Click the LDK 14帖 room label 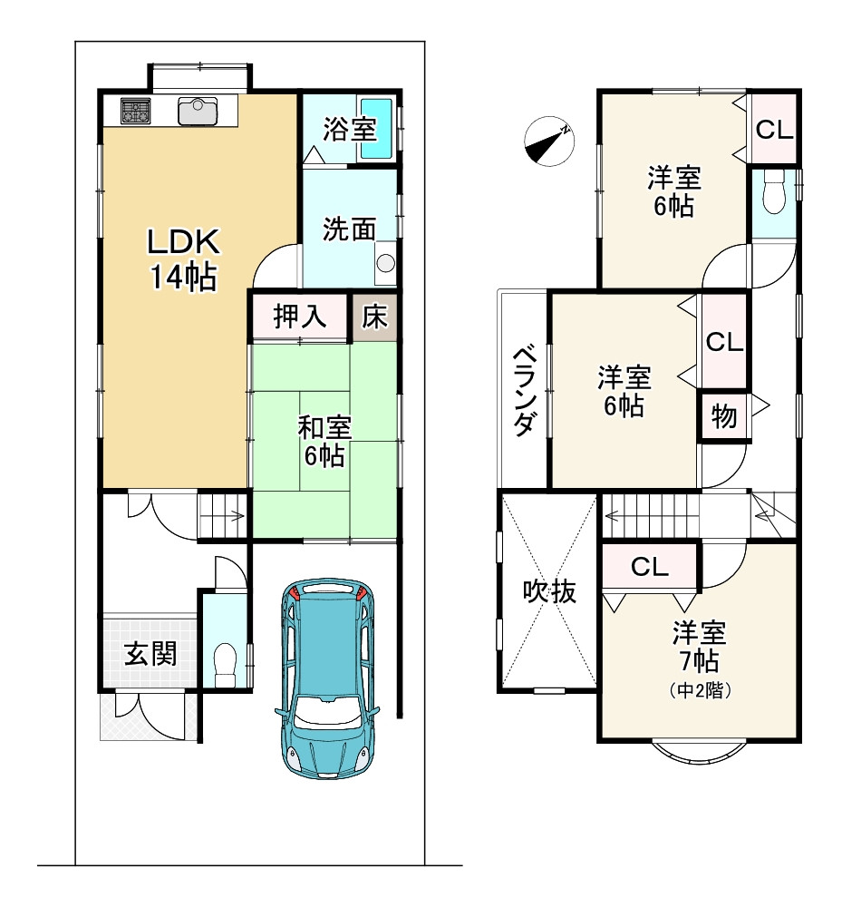click(x=183, y=258)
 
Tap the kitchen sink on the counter click(x=198, y=111)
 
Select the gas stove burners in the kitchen click(x=136, y=111)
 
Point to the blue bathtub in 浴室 click(x=377, y=129)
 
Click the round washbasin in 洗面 click(x=385, y=263)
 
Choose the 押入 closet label click(x=300, y=317)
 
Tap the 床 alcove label click(x=374, y=317)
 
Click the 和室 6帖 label click(x=324, y=442)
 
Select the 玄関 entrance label click(x=150, y=654)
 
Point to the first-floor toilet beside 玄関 click(x=225, y=664)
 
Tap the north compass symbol click(x=549, y=141)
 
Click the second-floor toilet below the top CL click(x=774, y=192)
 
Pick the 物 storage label click(x=723, y=416)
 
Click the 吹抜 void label click(x=549, y=591)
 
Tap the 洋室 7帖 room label click(x=700, y=658)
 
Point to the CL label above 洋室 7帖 click(x=650, y=568)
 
